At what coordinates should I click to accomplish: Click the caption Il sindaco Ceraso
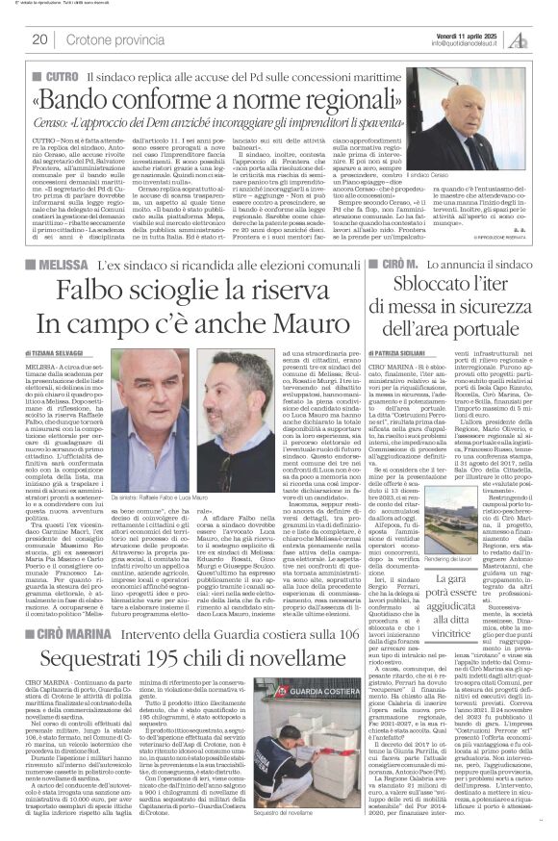(x=465, y=206)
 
